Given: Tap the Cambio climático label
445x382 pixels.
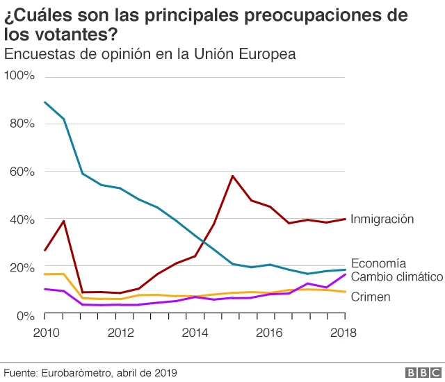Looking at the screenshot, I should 396,277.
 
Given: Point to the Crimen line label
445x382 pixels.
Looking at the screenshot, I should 370,297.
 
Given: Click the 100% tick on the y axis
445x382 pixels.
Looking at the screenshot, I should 19,75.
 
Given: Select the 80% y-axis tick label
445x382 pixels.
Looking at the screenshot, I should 22,124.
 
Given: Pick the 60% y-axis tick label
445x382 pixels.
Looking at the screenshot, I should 22,172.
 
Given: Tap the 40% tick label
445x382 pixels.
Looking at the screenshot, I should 22,219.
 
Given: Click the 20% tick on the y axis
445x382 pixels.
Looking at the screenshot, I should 22,267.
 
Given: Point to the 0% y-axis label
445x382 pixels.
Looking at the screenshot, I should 25,315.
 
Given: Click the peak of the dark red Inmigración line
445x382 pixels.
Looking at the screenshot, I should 232,176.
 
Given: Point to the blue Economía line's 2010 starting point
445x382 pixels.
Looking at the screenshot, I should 45,102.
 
